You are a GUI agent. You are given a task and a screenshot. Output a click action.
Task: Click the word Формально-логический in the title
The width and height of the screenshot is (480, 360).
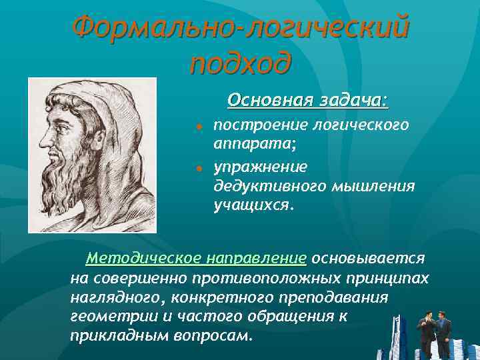click(x=240, y=28)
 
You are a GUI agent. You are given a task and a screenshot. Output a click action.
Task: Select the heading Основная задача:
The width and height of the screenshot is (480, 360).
click(x=307, y=100)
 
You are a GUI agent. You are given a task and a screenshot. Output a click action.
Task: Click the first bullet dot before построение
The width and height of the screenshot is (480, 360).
click(x=199, y=126)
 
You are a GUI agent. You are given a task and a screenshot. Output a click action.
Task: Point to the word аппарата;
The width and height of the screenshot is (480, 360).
click(x=250, y=143)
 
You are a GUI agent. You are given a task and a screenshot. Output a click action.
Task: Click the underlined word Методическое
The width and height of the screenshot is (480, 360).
click(x=141, y=257)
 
